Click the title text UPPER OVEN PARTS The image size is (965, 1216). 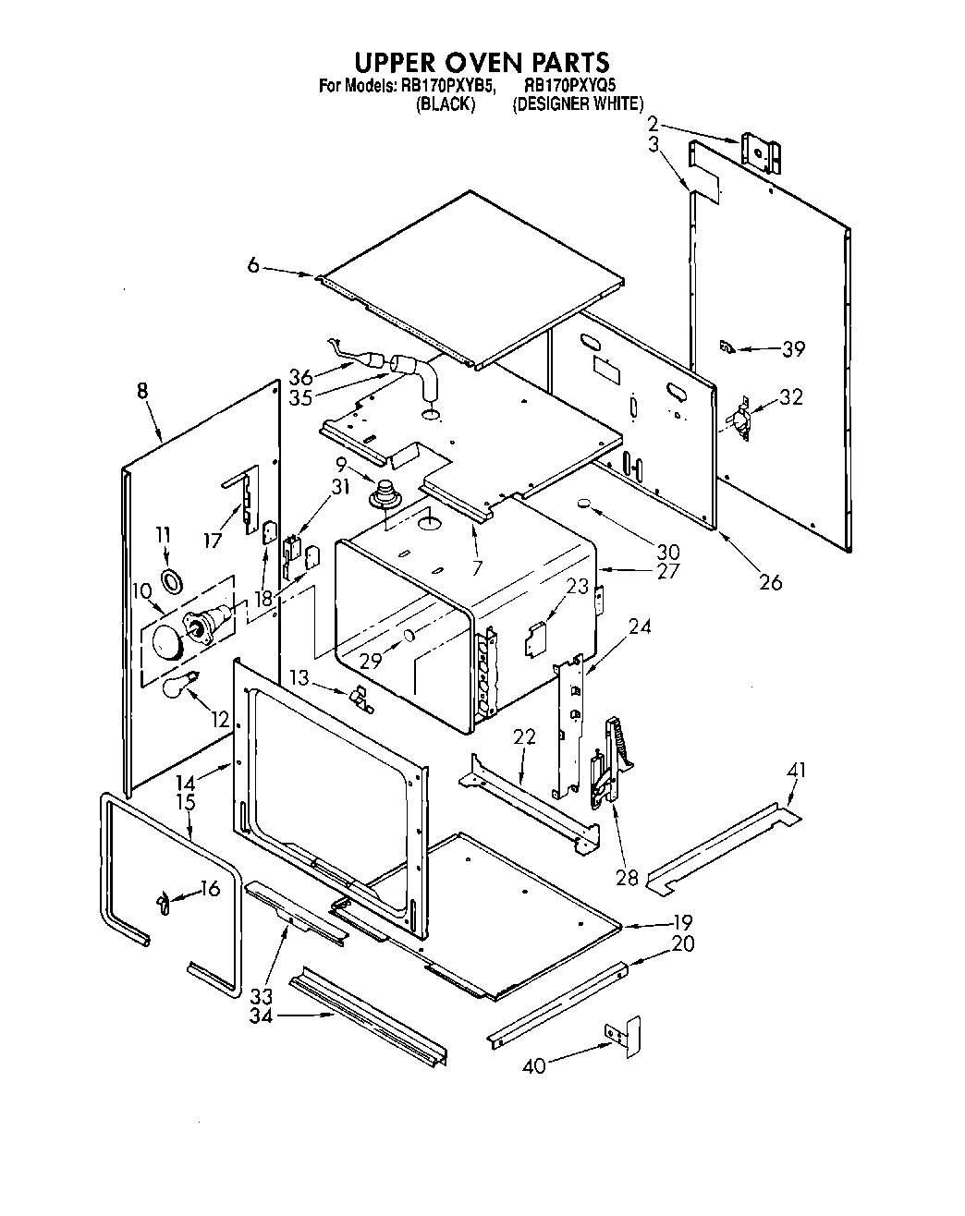click(482, 62)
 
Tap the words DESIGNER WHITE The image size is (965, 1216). click(578, 103)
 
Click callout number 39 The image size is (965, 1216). click(793, 348)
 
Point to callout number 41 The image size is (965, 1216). click(796, 770)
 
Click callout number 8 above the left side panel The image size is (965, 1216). click(141, 391)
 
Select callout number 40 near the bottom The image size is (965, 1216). click(533, 1065)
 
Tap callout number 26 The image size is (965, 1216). click(769, 581)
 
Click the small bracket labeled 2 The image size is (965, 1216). click(766, 152)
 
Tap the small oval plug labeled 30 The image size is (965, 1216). click(583, 505)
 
